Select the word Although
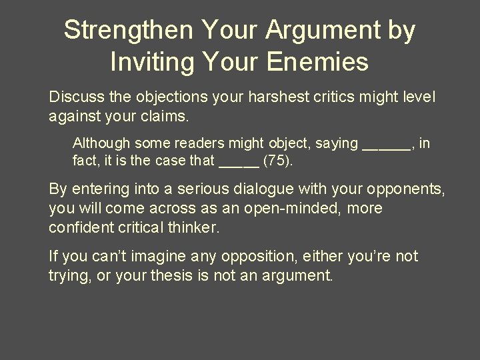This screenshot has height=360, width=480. coord(101,143)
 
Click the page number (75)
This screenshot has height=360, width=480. coord(278,161)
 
